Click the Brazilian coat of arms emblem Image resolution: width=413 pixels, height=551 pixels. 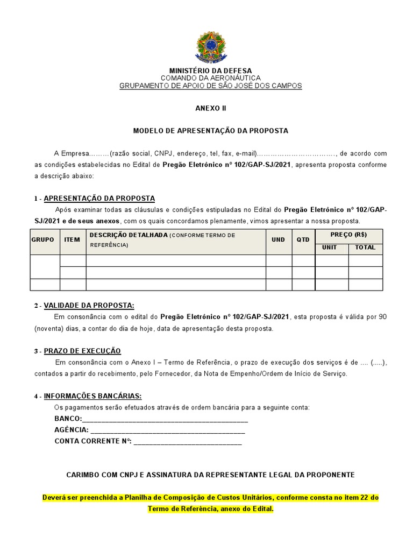[x=210, y=46]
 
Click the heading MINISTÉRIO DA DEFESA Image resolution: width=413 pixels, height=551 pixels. [x=210, y=70]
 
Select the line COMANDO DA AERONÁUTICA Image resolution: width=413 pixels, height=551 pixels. [x=210, y=78]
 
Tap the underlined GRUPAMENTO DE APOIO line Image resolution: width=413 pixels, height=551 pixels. [x=210, y=86]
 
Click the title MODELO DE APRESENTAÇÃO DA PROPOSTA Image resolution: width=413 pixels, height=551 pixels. [x=210, y=131]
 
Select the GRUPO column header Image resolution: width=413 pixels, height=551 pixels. [x=42, y=239]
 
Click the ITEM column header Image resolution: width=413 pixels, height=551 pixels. [x=72, y=239]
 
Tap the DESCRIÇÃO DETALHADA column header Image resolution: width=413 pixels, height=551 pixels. [x=129, y=235]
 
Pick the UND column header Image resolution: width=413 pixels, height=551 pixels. [x=278, y=239]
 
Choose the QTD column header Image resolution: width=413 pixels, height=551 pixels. [x=303, y=239]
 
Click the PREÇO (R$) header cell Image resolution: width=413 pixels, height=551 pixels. [x=348, y=235]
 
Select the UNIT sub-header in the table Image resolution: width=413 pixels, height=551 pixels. [x=331, y=248]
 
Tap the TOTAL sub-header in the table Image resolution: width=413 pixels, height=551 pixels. [x=365, y=248]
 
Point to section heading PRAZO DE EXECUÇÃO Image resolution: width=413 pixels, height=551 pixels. [x=82, y=351]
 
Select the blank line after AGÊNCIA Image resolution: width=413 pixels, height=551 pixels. [x=167, y=430]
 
